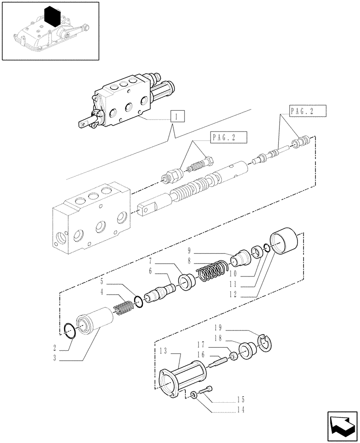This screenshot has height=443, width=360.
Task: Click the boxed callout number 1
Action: pyautogui.click(x=177, y=117)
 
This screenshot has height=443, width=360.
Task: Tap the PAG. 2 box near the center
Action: pyautogui.click(x=227, y=138)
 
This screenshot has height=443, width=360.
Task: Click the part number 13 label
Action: pyautogui.click(x=162, y=351)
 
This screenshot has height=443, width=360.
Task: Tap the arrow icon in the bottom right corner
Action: pyautogui.click(x=342, y=425)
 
